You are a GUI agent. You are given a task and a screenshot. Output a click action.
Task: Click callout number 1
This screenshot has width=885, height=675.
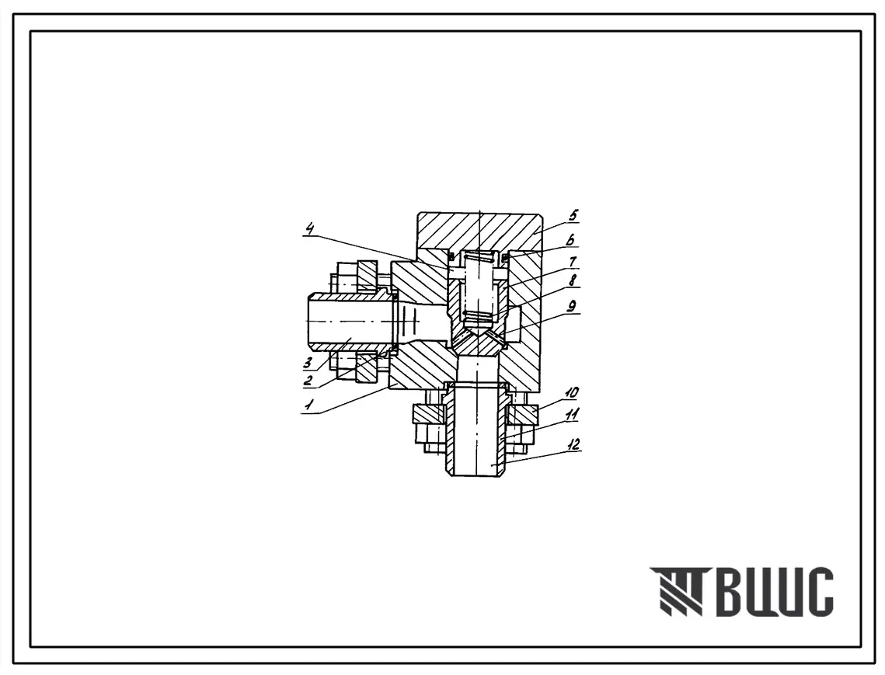pyautogui.click(x=308, y=404)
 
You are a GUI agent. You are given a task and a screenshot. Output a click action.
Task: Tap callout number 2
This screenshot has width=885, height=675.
pyautogui.click(x=308, y=380)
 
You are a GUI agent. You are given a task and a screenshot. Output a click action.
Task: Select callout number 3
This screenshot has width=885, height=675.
pyautogui.click(x=308, y=362)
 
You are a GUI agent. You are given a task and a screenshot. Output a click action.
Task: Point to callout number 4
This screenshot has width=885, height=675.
pyautogui.click(x=310, y=229)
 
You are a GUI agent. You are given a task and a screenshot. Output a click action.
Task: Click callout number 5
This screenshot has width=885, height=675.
pyautogui.click(x=573, y=215)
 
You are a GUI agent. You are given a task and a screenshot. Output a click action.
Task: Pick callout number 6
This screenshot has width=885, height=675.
pyautogui.click(x=572, y=240)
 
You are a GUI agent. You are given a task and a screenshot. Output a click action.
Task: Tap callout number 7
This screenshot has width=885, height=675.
pyautogui.click(x=573, y=263)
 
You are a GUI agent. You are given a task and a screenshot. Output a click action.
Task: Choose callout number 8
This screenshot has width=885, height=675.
pyautogui.click(x=573, y=280)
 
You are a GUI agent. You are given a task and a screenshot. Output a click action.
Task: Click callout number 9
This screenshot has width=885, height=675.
pyautogui.click(x=573, y=306)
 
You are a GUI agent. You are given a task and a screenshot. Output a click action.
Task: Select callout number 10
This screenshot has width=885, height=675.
pyautogui.click(x=571, y=392)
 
